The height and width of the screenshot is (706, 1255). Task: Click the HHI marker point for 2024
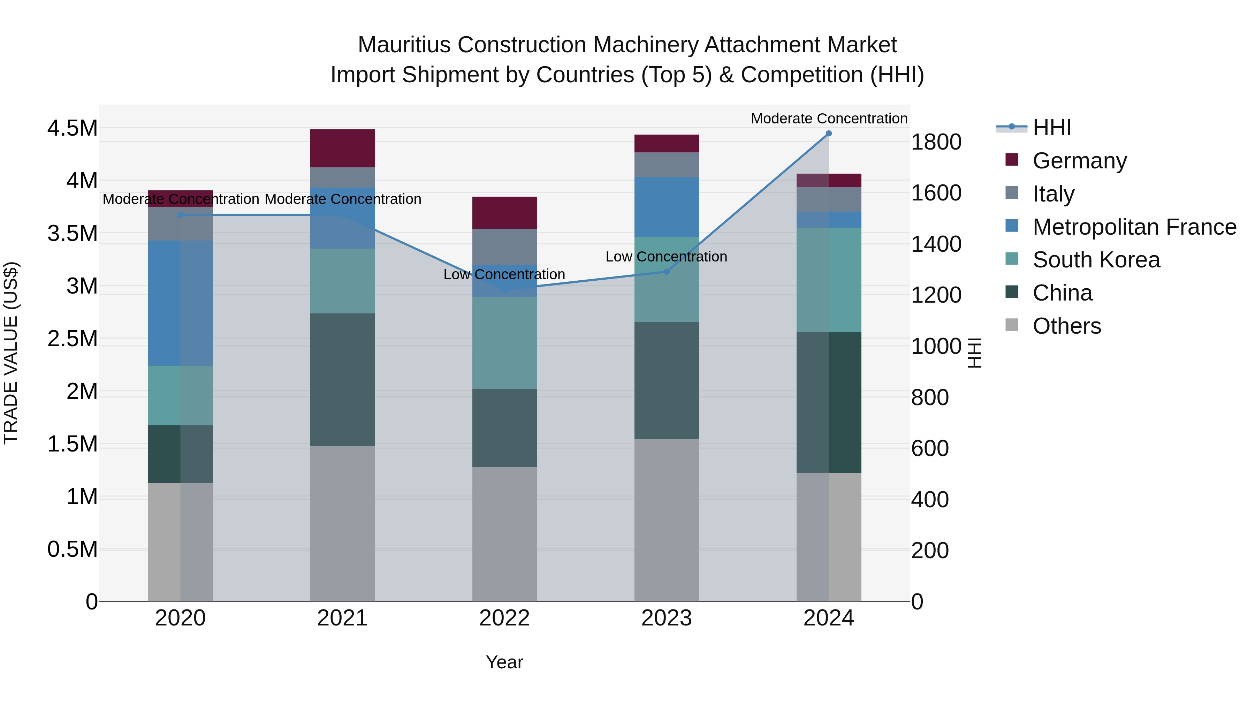(x=828, y=134)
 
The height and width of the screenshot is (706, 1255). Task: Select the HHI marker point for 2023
(x=667, y=271)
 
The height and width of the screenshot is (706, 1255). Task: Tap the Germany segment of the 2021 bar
(x=342, y=148)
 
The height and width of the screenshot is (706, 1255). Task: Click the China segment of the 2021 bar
(x=342, y=380)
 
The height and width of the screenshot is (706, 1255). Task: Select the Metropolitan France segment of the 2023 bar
(x=667, y=207)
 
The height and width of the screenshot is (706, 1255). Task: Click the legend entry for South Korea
(x=1096, y=260)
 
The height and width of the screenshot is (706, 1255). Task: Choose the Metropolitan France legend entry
(x=1134, y=227)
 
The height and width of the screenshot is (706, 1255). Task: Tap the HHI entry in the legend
(x=1051, y=128)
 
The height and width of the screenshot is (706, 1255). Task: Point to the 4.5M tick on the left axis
(x=72, y=128)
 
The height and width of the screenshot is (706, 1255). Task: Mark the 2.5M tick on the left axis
(x=72, y=339)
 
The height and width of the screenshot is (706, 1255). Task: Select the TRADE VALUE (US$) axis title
(x=11, y=353)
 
